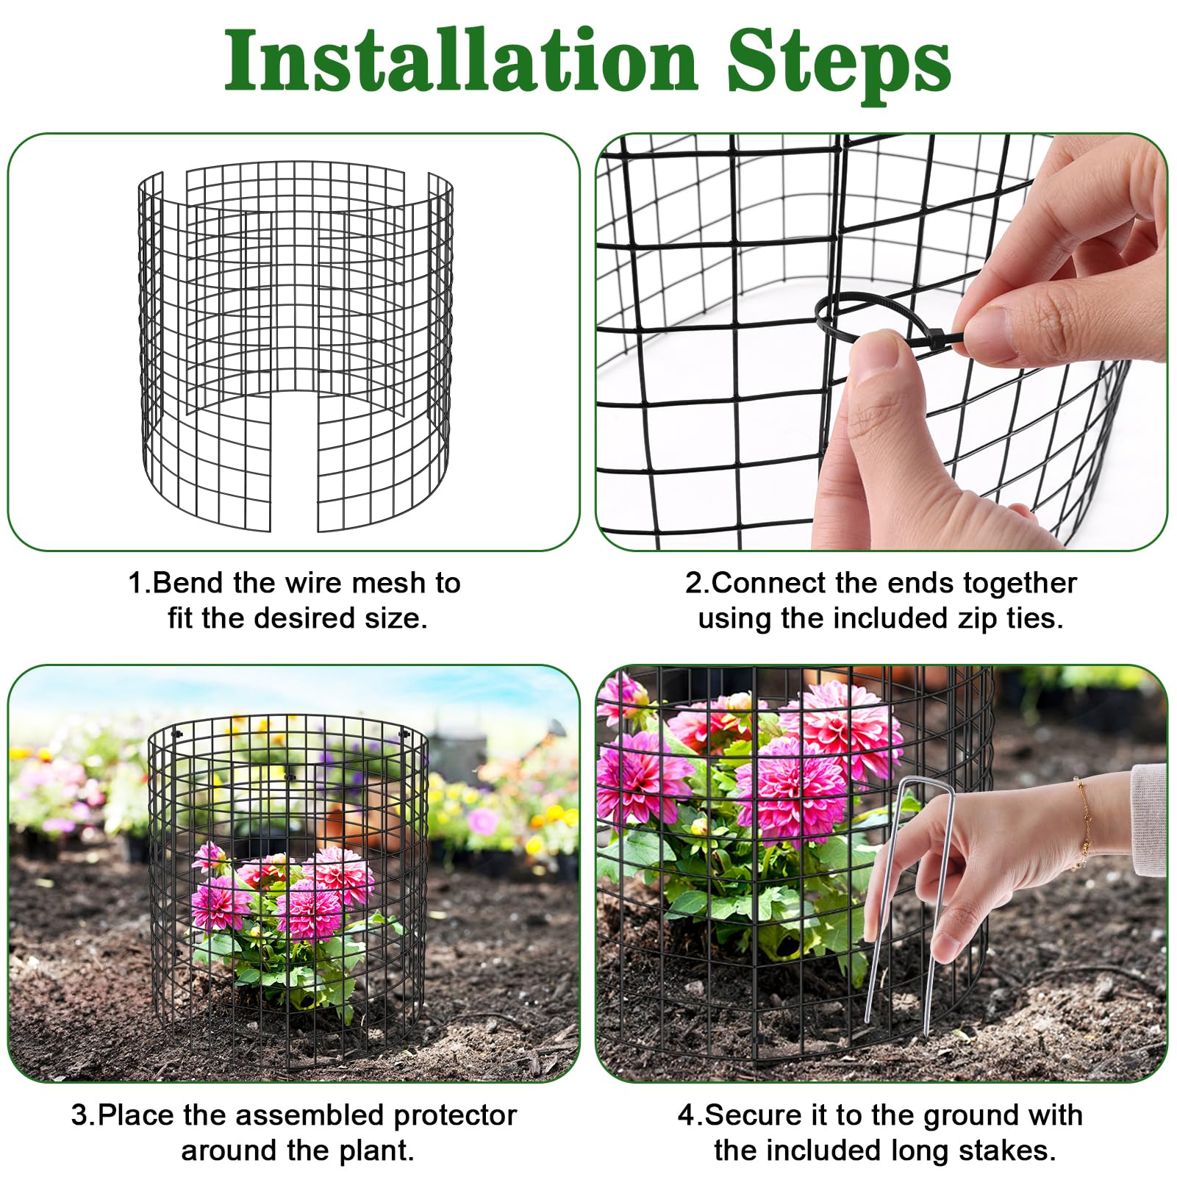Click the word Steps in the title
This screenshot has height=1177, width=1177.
coord(840,65)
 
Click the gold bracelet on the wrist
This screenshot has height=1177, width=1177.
coord(1083,823)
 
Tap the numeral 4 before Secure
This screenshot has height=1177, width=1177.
coord(687,1116)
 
